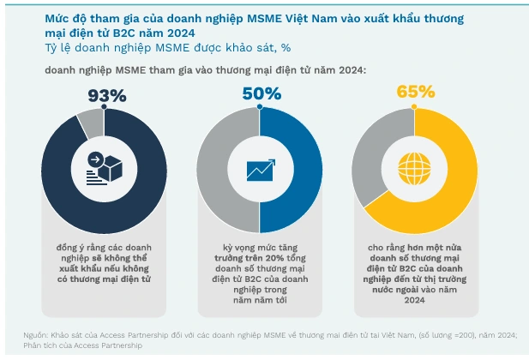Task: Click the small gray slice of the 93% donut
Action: [x=89, y=125]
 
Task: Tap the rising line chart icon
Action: [x=260, y=170]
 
